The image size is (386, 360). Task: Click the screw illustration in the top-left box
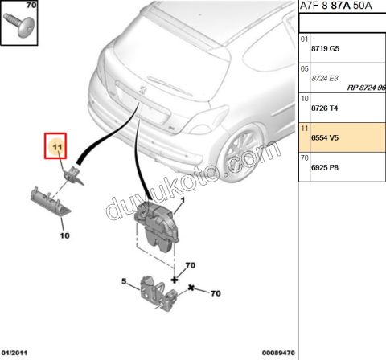19,25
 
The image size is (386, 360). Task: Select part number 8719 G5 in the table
325,48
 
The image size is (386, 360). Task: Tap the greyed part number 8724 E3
325,78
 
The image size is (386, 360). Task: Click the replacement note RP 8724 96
367,88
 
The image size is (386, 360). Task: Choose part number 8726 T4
324,108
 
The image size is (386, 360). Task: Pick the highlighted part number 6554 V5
325,137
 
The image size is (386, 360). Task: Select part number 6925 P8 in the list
325,167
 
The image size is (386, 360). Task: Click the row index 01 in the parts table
304,39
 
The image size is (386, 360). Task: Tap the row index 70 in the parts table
304,158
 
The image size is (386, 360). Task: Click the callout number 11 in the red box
57,147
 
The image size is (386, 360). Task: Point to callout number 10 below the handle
64,235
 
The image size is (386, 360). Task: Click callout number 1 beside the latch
183,200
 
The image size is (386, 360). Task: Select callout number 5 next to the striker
124,281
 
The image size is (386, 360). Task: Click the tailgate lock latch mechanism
157,227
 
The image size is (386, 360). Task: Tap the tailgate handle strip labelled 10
51,202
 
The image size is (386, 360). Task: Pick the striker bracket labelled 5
159,294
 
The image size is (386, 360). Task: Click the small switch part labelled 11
73,175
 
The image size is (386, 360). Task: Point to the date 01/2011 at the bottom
14,353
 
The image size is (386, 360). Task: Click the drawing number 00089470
278,353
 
